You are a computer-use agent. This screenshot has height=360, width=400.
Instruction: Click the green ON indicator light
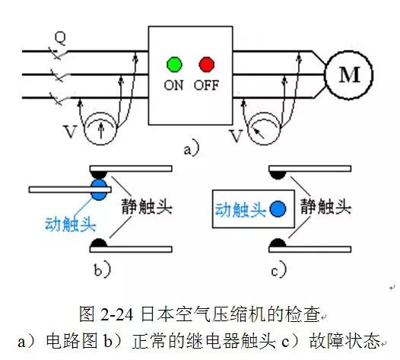pyautogui.click(x=174, y=64)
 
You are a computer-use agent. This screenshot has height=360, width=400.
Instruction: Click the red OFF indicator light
pyautogui.click(x=206, y=64)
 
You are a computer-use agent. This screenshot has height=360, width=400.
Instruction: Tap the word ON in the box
pyautogui.click(x=173, y=85)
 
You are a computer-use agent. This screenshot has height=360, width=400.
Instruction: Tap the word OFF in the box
pyautogui.click(x=206, y=85)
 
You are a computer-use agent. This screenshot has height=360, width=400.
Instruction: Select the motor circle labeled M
pyautogui.click(x=349, y=75)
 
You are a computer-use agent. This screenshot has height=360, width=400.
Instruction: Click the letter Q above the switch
pyautogui.click(x=60, y=38)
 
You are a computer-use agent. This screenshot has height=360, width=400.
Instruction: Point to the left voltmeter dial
pyautogui.click(x=101, y=129)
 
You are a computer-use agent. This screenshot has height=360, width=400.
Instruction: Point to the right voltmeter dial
pyautogui.click(x=265, y=129)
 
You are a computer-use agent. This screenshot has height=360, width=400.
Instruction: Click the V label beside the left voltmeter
pyautogui.click(x=70, y=132)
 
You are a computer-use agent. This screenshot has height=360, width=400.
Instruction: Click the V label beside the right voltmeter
pyautogui.click(x=236, y=135)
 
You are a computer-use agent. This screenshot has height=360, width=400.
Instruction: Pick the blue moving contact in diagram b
pyautogui.click(x=99, y=190)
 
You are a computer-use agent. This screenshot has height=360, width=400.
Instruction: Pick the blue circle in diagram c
pyautogui.click(x=278, y=209)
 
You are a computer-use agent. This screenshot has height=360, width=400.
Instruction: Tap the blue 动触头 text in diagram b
pyautogui.click(x=71, y=224)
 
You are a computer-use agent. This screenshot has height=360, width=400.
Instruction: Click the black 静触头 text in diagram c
pyautogui.click(x=325, y=206)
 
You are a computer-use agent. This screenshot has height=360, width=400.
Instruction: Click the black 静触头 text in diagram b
pyautogui.click(x=147, y=206)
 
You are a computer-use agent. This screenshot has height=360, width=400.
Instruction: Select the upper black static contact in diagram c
pyautogui.click(x=278, y=174)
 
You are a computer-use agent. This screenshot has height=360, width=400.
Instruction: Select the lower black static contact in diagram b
pyautogui.click(x=99, y=243)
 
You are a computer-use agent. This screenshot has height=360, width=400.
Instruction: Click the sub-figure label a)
pyautogui.click(x=192, y=148)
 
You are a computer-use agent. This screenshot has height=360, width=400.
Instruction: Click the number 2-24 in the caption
pyautogui.click(x=117, y=314)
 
